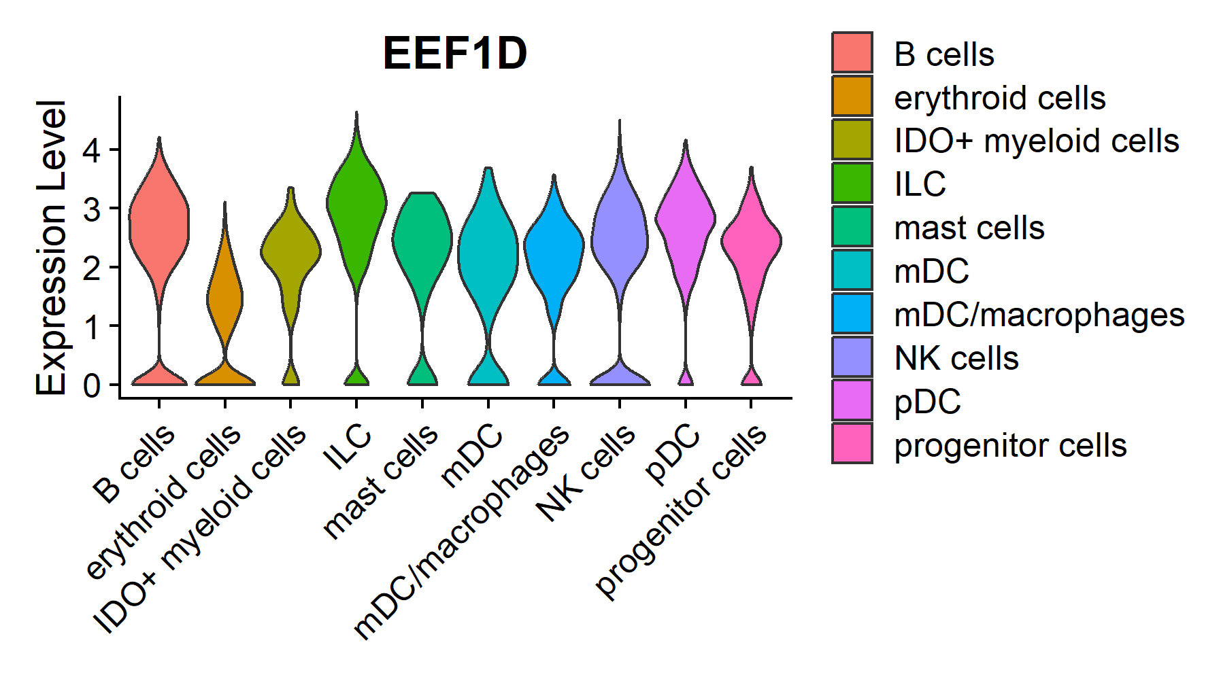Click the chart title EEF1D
pyautogui.click(x=455, y=54)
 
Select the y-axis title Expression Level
pyautogui.click(x=52, y=248)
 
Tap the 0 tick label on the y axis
pyautogui.click(x=91, y=385)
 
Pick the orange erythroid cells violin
pyautogui.click(x=225, y=299)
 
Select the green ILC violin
pyautogui.click(x=356, y=204)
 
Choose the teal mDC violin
pyautogui.click(x=488, y=258)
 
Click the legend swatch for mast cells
pyautogui.click(x=852, y=226)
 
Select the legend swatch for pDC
pyautogui.click(x=852, y=400)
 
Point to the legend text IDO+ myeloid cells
pyautogui.click(x=1036, y=141)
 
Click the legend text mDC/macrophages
pyautogui.click(x=1039, y=315)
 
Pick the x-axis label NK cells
pyautogui.click(x=586, y=473)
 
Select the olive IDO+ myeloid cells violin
pyautogui.click(x=290, y=251)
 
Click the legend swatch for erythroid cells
pyautogui.click(x=852, y=96)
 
